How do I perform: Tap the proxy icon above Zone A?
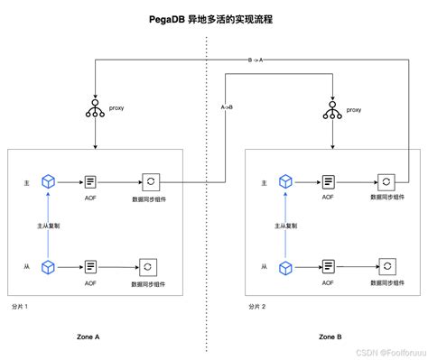coord(95,108)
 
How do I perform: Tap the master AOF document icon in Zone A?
coord(90,181)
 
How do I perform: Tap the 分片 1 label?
coord(19,307)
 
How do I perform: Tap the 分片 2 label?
coord(258,307)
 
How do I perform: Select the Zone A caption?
coord(88,336)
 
